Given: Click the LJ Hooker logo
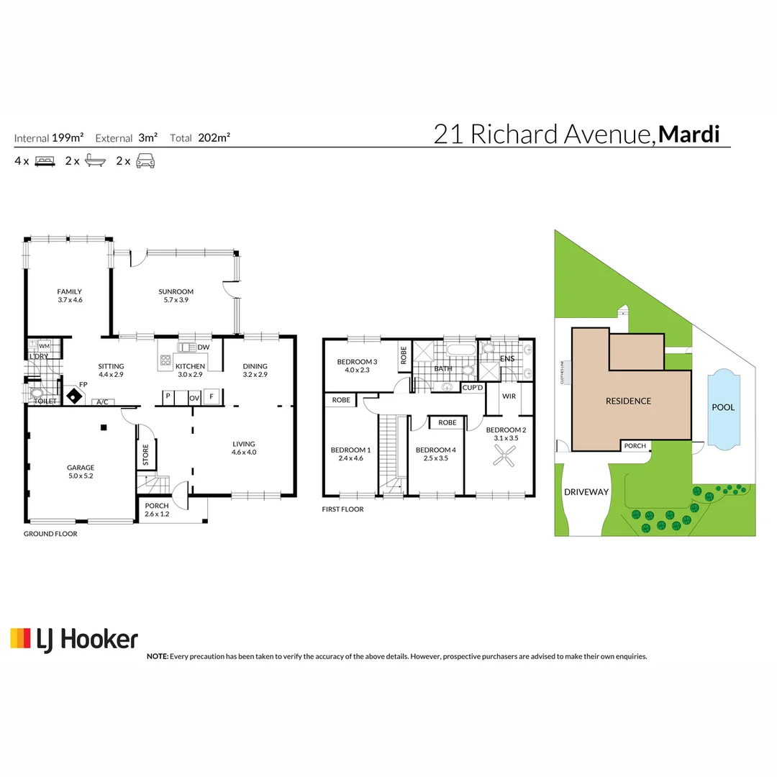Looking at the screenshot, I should pos(73,638).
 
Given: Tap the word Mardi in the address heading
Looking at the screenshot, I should pos(689,135).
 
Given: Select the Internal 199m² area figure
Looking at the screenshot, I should pos(49,137).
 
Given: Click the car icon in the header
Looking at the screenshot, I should pos(147,161).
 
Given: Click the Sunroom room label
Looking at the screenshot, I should pos(176,291).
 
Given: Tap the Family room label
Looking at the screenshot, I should pos(70,291).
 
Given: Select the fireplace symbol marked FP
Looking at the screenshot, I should pos(73,394).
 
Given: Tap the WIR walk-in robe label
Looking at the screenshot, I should pos(509,396).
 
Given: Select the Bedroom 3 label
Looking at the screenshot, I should pos(357,362).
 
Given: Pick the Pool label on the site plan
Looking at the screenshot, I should pos(723,407).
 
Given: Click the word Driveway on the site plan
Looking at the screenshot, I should pos(586,492).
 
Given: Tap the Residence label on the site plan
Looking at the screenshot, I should pos(627,401).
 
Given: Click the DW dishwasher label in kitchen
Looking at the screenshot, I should pos(203,347).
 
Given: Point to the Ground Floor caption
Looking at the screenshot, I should pos(50,534).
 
